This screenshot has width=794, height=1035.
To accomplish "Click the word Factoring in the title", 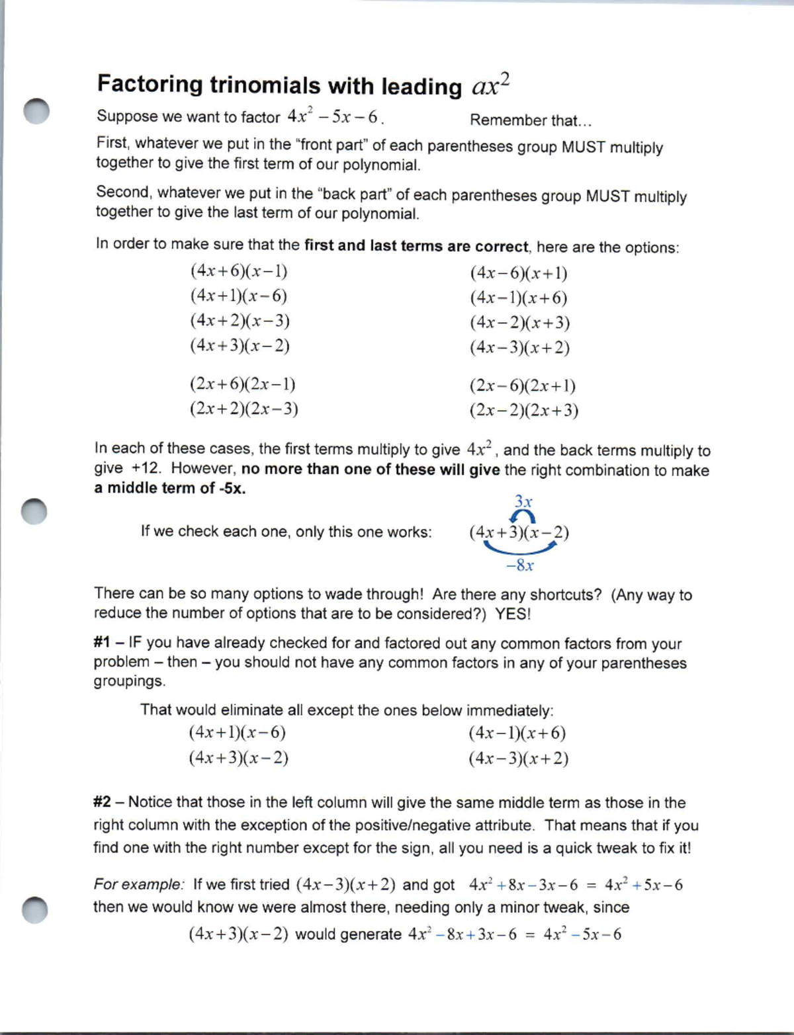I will coord(150,85).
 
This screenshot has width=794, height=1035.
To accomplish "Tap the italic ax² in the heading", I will coord(490,85).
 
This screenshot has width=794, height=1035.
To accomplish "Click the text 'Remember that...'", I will coord(531,120).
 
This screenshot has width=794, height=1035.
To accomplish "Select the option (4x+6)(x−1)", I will coord(239,271).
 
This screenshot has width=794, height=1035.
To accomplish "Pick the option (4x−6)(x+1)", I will coord(519,273).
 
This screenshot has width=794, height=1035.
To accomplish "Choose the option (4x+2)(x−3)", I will coord(240,321).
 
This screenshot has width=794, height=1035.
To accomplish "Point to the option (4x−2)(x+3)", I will coord(519,323).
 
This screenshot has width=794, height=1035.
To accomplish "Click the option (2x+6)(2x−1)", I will coord(242,384).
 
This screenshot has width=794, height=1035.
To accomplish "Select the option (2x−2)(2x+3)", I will coord(523,411).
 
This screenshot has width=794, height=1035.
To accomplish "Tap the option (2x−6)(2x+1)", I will coord(522,386).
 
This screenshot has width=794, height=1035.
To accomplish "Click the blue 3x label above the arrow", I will coord(523,501).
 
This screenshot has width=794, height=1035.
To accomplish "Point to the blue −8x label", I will coord(519,565).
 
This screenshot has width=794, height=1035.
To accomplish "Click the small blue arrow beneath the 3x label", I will coord(522,517).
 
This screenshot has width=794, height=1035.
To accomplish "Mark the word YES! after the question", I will coord(513,614).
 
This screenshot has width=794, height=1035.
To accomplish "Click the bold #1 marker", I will coord(101,643).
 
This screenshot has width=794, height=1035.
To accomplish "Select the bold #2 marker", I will coord(102,802).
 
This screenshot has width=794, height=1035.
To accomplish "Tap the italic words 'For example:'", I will coord(139,884).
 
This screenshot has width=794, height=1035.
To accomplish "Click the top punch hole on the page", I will coord(36,110).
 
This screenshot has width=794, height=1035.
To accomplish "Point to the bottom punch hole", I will coord(34,910).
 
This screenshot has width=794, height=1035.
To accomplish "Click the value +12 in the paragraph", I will coord(146,469).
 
